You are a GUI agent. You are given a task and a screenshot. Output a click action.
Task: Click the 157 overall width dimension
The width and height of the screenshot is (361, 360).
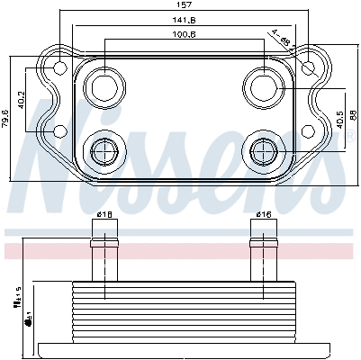tap(184, 6)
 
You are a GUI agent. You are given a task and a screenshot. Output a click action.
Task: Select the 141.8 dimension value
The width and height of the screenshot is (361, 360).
tap(184, 20)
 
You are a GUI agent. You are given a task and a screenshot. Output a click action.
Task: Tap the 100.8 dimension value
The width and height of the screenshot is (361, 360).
tap(184, 34)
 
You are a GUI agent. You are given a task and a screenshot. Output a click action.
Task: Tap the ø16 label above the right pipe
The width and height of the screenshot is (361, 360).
tap(263, 214)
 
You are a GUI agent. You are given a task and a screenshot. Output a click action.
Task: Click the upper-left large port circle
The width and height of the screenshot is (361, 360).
tap(104, 87)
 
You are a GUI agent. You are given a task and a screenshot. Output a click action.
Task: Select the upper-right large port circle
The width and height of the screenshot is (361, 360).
tap(264, 87)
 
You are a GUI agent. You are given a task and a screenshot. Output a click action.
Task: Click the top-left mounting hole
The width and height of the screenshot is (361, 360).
tap(59, 67)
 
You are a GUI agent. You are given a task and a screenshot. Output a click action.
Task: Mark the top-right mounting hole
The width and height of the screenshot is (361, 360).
tap(309, 67)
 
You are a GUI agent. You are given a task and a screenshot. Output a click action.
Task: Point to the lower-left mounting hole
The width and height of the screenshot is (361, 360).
tap(59, 131)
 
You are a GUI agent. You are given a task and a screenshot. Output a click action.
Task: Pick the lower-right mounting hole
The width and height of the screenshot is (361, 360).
tap(309, 131)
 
